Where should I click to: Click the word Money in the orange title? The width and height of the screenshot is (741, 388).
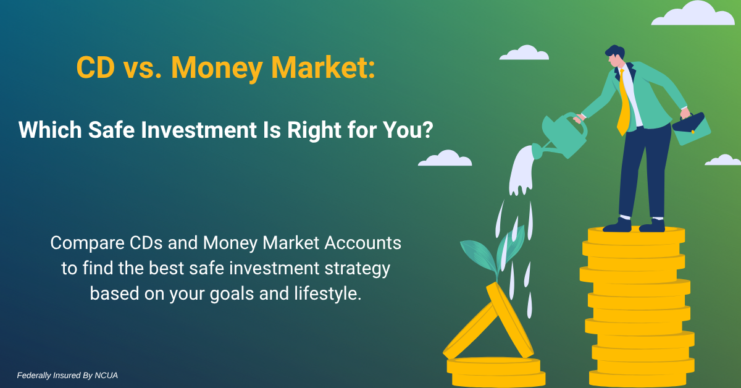tap(217, 69)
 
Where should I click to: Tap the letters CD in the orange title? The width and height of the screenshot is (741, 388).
tap(96, 67)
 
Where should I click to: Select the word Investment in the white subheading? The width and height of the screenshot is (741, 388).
tap(199, 130)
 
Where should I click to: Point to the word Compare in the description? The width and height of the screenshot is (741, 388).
tap(87, 243)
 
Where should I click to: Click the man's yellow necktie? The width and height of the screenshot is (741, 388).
tap(624, 104)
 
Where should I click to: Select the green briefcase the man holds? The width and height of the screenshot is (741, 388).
tap(692, 129)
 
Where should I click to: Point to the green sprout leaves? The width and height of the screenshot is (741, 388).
tap(493, 252)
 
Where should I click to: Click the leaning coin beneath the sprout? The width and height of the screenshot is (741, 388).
tap(509, 320)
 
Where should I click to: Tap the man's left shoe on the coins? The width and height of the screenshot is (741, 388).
tap(617, 226)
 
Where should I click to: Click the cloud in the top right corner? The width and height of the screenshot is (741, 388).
tap(693, 14)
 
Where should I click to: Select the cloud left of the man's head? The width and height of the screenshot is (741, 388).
tap(524, 53)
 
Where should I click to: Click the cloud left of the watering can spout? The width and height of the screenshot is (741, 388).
tap(445, 158)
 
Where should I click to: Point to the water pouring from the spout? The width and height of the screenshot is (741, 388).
tap(521, 171)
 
